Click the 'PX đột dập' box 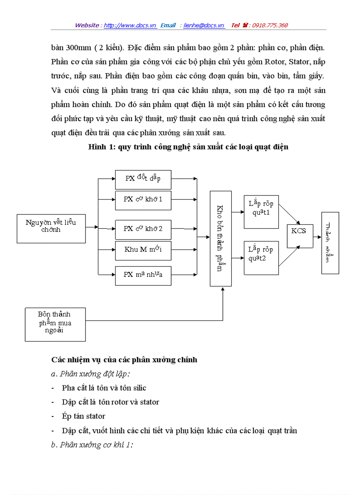tap(143, 179)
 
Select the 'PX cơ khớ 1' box tap(143, 200)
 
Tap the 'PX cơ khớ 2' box tap(143, 229)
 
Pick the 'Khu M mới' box tap(143, 250)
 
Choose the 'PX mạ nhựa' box tap(143, 275)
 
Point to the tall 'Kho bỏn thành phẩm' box tap(221, 238)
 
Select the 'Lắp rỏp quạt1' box tap(261, 212)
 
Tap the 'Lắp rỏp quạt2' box tap(261, 258)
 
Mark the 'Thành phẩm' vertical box tap(330, 243)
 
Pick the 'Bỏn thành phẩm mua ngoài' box tap(55, 325)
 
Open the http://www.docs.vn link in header tap(130, 26)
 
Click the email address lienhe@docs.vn tap(204, 26)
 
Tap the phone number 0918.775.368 tap(270, 26)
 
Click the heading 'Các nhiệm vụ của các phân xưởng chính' tap(124, 360)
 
